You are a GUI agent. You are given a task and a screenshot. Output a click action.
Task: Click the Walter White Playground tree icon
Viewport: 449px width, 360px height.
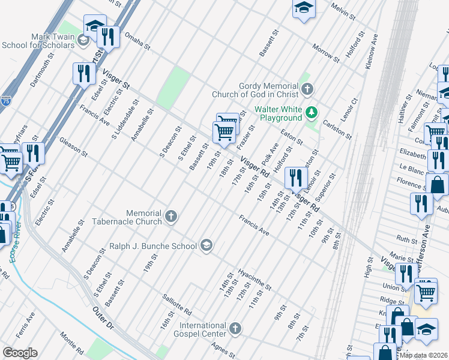[x=312, y=112]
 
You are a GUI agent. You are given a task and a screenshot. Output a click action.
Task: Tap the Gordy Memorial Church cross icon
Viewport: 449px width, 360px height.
[x=307, y=90]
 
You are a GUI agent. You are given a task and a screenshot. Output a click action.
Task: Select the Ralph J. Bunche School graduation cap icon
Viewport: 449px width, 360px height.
[x=206, y=245]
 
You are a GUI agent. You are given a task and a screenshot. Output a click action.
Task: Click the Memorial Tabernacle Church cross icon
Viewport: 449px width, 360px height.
[x=172, y=217]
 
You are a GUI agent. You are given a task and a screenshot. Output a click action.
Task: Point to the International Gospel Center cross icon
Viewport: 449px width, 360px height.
[x=235, y=329]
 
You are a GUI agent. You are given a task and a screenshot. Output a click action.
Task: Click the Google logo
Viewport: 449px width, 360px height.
[x=20, y=353]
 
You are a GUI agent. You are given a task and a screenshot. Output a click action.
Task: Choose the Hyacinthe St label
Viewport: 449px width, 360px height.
[x=255, y=278]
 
